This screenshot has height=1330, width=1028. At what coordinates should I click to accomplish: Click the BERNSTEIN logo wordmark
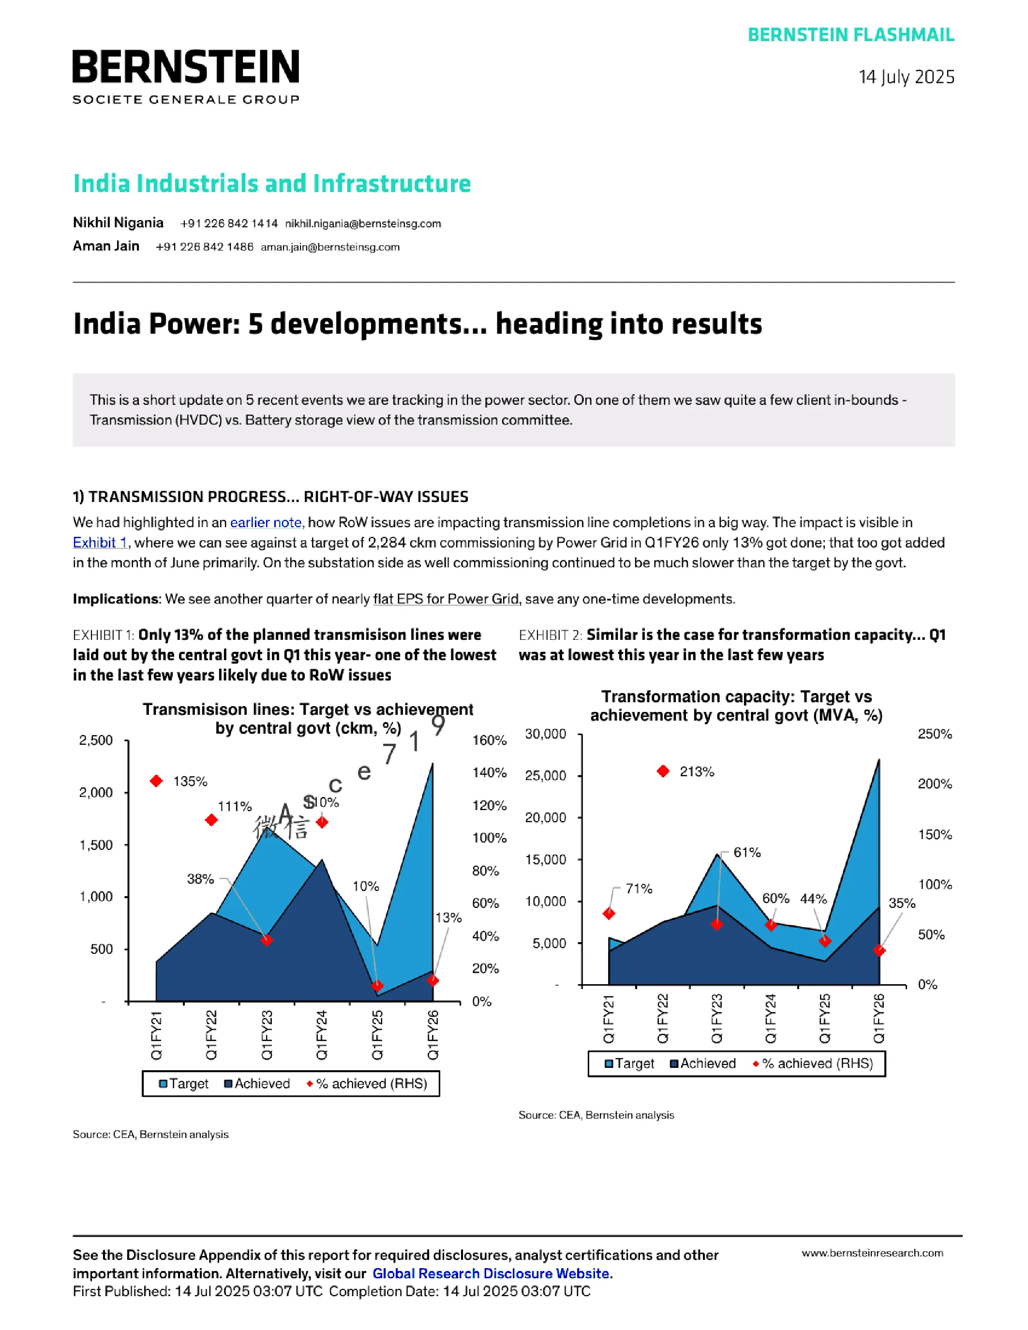[186, 67]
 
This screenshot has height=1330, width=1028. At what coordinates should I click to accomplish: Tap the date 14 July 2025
[906, 77]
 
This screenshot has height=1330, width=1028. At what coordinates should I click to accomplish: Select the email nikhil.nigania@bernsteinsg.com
[363, 223]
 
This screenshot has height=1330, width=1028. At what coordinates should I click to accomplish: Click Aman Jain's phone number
[205, 247]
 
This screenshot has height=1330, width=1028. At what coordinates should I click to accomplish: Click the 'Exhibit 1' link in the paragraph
[100, 543]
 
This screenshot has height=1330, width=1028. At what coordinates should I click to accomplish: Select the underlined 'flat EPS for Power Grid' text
[446, 599]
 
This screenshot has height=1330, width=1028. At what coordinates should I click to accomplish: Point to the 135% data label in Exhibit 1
[190, 781]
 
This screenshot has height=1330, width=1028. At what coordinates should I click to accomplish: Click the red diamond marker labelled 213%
[663, 771]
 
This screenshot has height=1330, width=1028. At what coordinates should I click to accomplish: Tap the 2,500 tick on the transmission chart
[96, 740]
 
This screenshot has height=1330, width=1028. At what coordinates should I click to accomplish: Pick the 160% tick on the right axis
[490, 740]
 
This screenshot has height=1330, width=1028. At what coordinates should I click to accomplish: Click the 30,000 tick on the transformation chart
[546, 735]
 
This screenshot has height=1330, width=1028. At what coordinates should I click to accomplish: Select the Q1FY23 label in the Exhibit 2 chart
[717, 1018]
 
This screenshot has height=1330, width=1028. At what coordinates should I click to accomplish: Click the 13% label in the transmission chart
[448, 918]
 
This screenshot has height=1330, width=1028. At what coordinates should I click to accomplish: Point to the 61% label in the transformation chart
[747, 853]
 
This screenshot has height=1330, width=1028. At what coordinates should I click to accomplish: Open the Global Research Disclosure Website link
[491, 1273]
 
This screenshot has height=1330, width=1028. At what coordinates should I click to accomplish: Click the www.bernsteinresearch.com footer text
[872, 1253]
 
